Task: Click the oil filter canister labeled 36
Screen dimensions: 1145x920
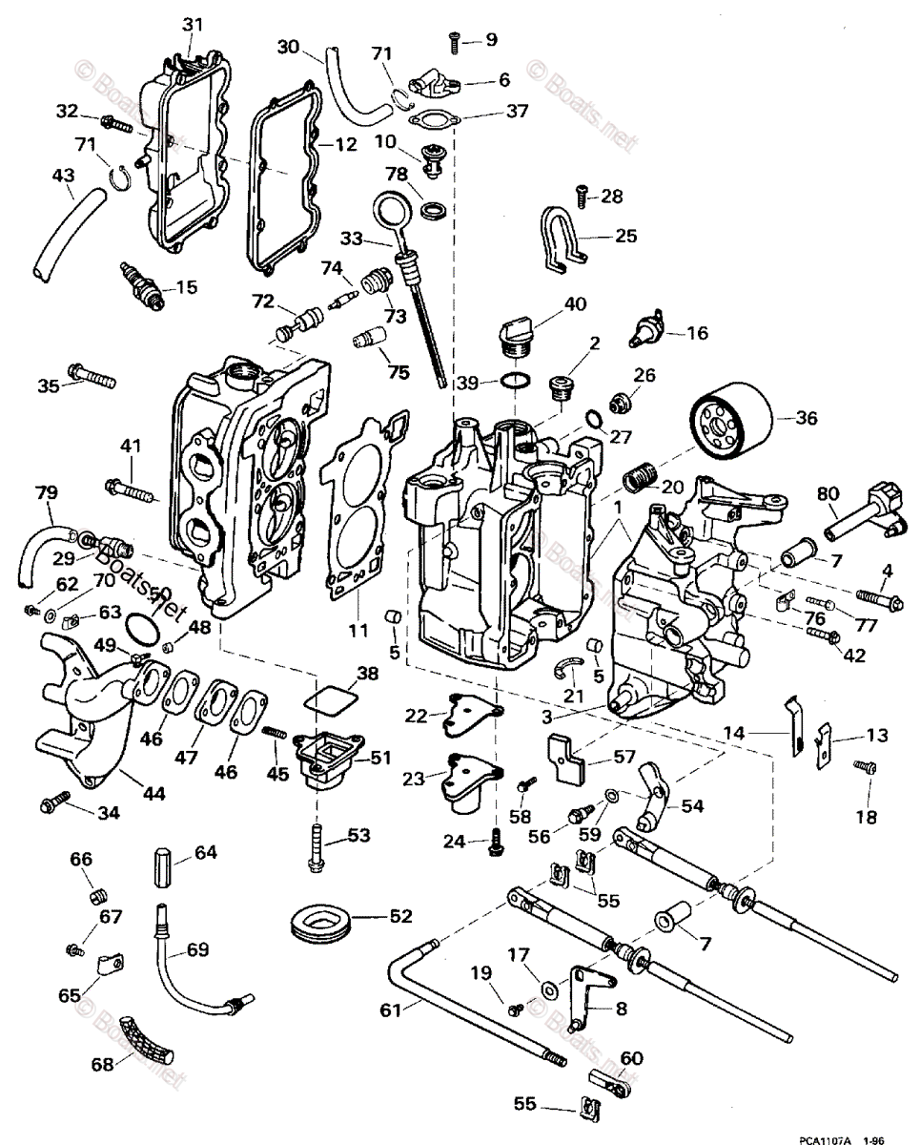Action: click(x=729, y=422)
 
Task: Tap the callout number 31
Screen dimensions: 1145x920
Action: click(x=194, y=23)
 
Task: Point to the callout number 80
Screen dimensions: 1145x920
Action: click(x=828, y=494)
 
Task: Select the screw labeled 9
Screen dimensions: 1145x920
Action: click(x=455, y=41)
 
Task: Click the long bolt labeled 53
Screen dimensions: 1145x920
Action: click(x=316, y=843)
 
